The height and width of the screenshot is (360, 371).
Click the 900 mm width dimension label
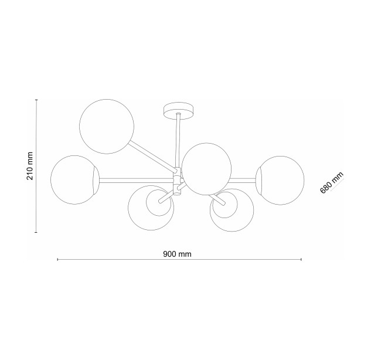177,254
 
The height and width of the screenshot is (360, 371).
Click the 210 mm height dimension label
30,166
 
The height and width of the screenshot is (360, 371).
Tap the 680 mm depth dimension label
332,182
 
